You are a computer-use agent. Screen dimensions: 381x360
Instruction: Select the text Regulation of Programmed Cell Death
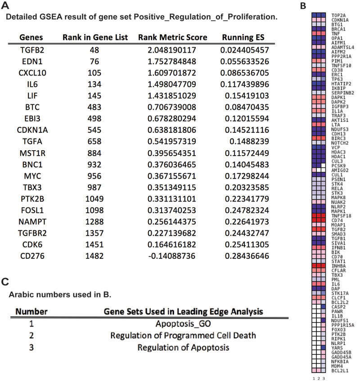[x=183, y=335]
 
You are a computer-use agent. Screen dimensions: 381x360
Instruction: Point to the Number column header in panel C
[x=31, y=311]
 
